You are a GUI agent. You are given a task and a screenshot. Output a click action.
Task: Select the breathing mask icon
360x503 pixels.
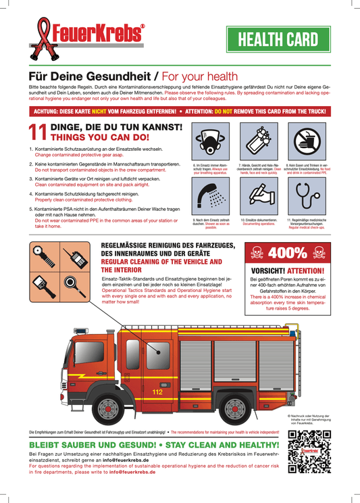click(207, 142)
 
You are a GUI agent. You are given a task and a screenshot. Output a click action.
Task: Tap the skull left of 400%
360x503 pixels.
click(257, 254)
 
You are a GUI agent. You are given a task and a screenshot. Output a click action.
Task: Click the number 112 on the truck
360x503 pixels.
click(157, 392)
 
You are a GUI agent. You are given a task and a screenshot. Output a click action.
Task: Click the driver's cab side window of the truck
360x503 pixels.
click(157, 354)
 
